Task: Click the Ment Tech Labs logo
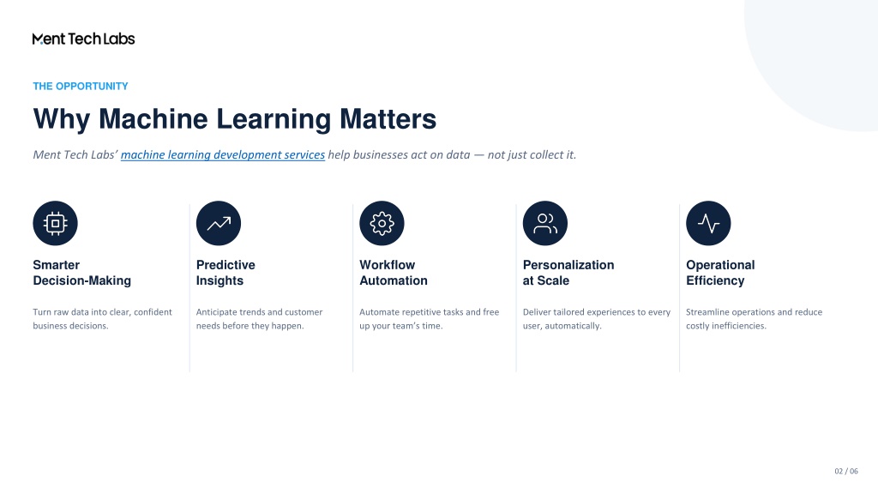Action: (x=84, y=39)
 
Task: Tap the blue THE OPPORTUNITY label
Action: (x=81, y=87)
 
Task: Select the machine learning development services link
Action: (x=223, y=155)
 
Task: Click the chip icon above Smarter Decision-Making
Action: (x=56, y=224)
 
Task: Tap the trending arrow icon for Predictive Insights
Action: (x=219, y=224)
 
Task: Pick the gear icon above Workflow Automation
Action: (x=382, y=224)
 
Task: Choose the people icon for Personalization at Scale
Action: (x=545, y=224)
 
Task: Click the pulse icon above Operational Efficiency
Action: (x=708, y=224)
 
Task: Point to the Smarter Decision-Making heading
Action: (x=81, y=273)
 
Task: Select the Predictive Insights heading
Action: (x=226, y=273)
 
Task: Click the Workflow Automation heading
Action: (x=394, y=273)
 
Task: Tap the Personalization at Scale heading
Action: (x=568, y=273)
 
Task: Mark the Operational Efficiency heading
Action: (x=720, y=273)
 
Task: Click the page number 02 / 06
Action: (x=846, y=472)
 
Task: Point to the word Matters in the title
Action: (x=388, y=118)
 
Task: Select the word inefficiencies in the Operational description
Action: (x=739, y=326)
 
